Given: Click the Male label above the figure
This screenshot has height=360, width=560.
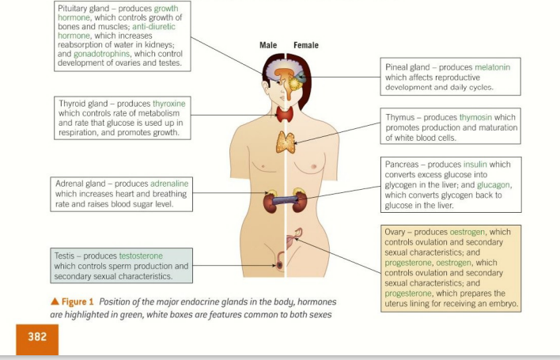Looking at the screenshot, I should tap(268, 45).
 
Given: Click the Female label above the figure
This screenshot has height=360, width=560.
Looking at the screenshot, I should tap(305, 45).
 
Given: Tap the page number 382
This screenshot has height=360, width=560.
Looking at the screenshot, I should tap(37, 337).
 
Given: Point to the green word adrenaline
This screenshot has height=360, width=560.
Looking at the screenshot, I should tap(172, 184).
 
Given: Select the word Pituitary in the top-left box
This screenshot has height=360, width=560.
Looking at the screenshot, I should tap(75, 8).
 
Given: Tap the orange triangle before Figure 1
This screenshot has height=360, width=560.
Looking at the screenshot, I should tap(55, 302).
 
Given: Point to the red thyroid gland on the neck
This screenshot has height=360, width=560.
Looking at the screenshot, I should tap(286, 115).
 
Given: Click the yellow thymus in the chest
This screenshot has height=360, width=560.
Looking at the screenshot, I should tap(286, 142).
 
